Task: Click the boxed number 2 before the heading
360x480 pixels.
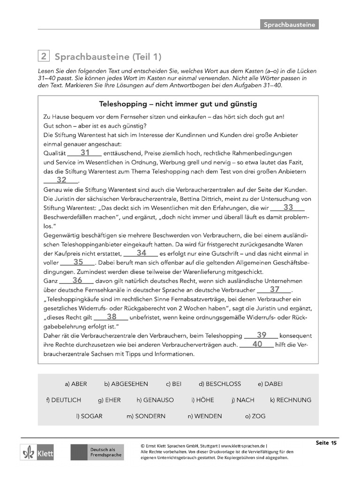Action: [43, 57]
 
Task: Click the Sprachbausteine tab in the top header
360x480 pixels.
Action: [289, 24]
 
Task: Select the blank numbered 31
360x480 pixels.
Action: [84, 153]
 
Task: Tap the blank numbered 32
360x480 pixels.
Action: [61, 180]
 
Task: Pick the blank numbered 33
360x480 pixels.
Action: [288, 207]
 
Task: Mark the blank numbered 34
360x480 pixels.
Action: [141, 253]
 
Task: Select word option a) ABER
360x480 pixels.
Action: [76, 384]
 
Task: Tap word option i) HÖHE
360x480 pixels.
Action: [202, 400]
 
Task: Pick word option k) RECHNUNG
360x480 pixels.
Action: [290, 400]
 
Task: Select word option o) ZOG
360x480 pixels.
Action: [255, 416]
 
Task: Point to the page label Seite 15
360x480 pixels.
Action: [326, 442]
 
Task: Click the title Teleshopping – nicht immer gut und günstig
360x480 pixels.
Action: [178, 104]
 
